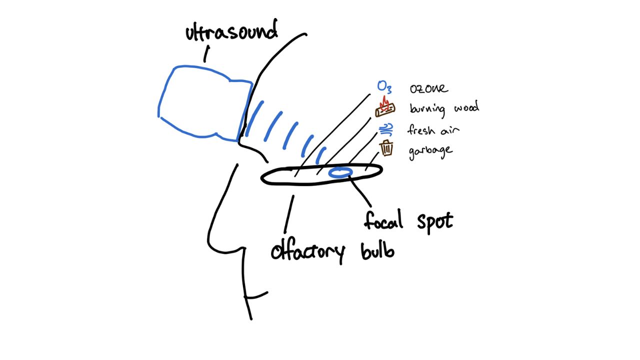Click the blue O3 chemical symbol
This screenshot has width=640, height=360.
tap(384, 87)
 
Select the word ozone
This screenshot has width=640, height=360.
tap(428, 89)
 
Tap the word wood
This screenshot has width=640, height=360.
tap(465, 107)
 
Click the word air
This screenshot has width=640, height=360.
tap(450, 130)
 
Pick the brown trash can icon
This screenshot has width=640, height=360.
tap(386, 148)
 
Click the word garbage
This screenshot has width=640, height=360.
tap(430, 151)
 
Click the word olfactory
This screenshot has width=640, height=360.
tap(307, 251)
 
